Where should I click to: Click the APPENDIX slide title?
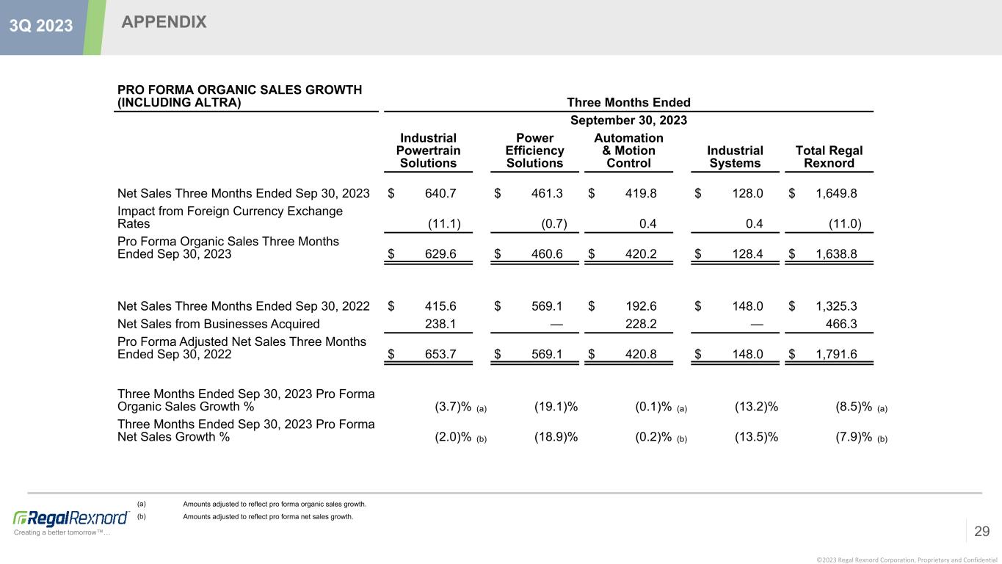point(164,23)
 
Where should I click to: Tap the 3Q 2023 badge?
point(41,26)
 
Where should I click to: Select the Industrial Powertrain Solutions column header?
point(429,151)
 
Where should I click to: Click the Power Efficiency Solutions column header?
point(534,151)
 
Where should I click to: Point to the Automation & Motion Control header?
point(628,151)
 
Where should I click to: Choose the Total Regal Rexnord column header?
point(829,156)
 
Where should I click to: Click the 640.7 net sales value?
point(440,194)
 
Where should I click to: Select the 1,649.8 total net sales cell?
point(836,194)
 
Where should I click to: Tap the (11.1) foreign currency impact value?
point(444,224)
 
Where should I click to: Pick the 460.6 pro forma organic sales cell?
point(547,254)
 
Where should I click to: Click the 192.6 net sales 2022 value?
point(641,305)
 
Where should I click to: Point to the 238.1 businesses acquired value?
point(440,324)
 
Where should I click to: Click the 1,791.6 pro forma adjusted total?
point(836,354)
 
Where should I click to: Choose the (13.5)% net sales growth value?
point(756,437)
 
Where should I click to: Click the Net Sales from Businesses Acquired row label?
point(218,324)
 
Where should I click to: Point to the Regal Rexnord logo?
point(71,518)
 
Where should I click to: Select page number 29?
point(982,531)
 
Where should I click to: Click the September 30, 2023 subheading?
point(628,120)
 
